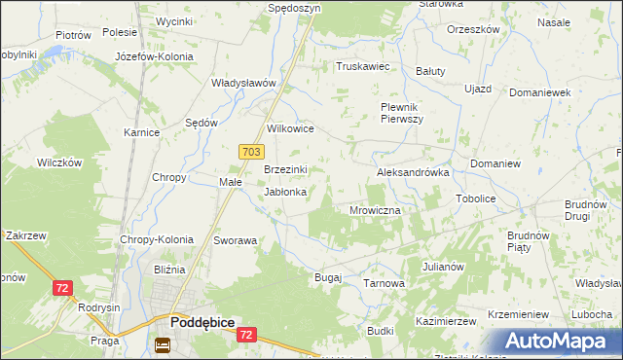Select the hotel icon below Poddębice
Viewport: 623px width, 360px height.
(x=163, y=344)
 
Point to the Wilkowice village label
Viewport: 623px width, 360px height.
(x=290, y=128)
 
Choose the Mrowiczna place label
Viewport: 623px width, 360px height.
(x=375, y=209)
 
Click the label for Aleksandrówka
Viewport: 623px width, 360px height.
(x=413, y=171)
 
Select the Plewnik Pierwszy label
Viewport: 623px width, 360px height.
(x=401, y=112)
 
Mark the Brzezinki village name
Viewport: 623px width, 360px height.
(x=286, y=169)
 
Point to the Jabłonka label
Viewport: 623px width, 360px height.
(x=286, y=192)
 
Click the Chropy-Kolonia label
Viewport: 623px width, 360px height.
(x=157, y=239)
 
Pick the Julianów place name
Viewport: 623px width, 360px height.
(x=443, y=266)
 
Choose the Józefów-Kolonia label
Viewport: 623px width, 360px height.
(x=154, y=56)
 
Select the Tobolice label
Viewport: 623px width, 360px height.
(x=476, y=198)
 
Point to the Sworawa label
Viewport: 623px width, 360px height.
(x=235, y=240)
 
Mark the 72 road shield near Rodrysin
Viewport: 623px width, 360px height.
(x=62, y=288)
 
